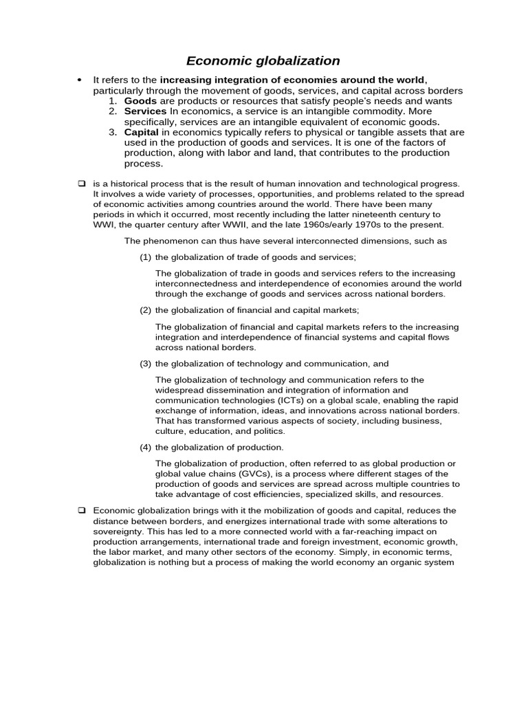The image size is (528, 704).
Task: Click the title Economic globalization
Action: [264, 61]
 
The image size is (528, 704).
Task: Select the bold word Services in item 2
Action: [145, 111]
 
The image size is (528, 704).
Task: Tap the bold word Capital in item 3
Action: [142, 131]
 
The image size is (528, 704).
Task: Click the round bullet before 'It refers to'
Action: [80, 81]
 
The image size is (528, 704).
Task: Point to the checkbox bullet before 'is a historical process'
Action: [80, 184]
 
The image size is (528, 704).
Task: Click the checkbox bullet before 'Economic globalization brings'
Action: [80, 510]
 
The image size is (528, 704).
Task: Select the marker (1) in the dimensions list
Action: [145, 257]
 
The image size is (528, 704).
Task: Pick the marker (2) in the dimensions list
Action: [145, 310]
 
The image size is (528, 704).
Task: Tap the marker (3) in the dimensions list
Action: [145, 363]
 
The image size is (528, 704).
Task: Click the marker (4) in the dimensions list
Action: [145, 447]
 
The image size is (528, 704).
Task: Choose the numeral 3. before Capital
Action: [114, 131]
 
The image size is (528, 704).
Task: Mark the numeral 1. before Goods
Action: [114, 101]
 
